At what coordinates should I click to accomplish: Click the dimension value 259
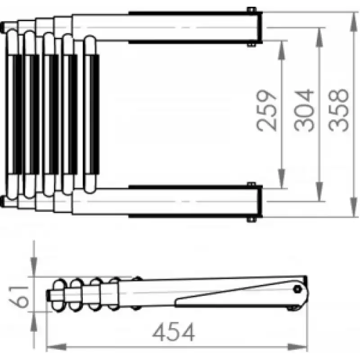tap(266, 111)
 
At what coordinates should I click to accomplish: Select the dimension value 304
tap(304, 110)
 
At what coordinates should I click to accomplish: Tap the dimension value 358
tap(338, 110)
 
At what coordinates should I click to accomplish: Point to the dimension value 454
tap(174, 332)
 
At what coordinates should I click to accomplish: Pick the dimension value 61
tap(18, 297)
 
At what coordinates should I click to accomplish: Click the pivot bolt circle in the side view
tap(297, 289)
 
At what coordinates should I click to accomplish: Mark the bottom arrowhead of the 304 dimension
tap(319, 192)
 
